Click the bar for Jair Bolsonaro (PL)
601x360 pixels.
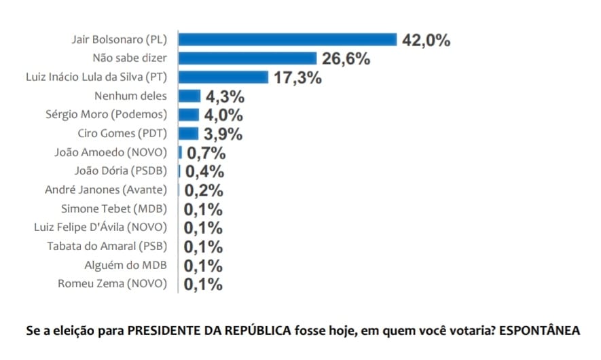tap(287, 39)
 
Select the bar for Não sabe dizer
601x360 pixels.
tap(248, 58)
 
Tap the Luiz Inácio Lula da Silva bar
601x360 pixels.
tap(223, 77)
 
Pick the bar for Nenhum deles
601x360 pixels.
tap(189, 96)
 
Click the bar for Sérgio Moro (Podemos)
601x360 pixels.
tap(189, 115)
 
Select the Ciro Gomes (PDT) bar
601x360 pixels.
tap(188, 133)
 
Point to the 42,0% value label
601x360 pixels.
tap(426, 40)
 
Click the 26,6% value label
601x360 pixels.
tap(346, 59)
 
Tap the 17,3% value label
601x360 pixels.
tap(298, 78)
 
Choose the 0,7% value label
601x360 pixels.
tap(206, 154)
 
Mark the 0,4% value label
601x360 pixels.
tap(204, 172)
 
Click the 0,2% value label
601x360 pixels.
tap(204, 191)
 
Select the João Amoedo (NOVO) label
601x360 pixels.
tap(111, 152)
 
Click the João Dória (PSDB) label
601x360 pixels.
tap(121, 171)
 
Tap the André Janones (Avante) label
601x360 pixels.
tap(106, 190)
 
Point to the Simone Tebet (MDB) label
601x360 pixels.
tap(114, 209)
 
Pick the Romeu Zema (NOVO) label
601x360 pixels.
tap(113, 284)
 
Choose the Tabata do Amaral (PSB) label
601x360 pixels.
tap(107, 246)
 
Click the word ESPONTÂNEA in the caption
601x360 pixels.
tap(540, 330)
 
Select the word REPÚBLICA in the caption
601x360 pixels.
tap(258, 330)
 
